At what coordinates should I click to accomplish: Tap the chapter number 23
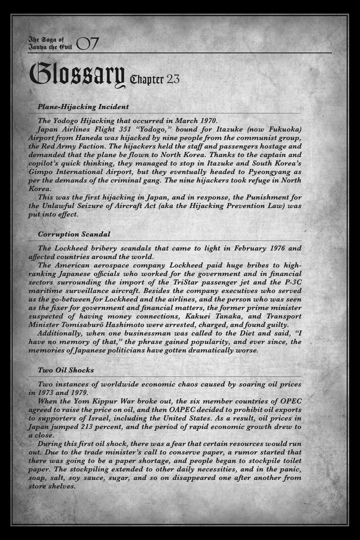173,79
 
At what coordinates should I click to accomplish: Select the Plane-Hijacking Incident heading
83,107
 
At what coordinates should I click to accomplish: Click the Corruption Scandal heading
74,234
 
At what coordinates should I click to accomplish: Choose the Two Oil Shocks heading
66,370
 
